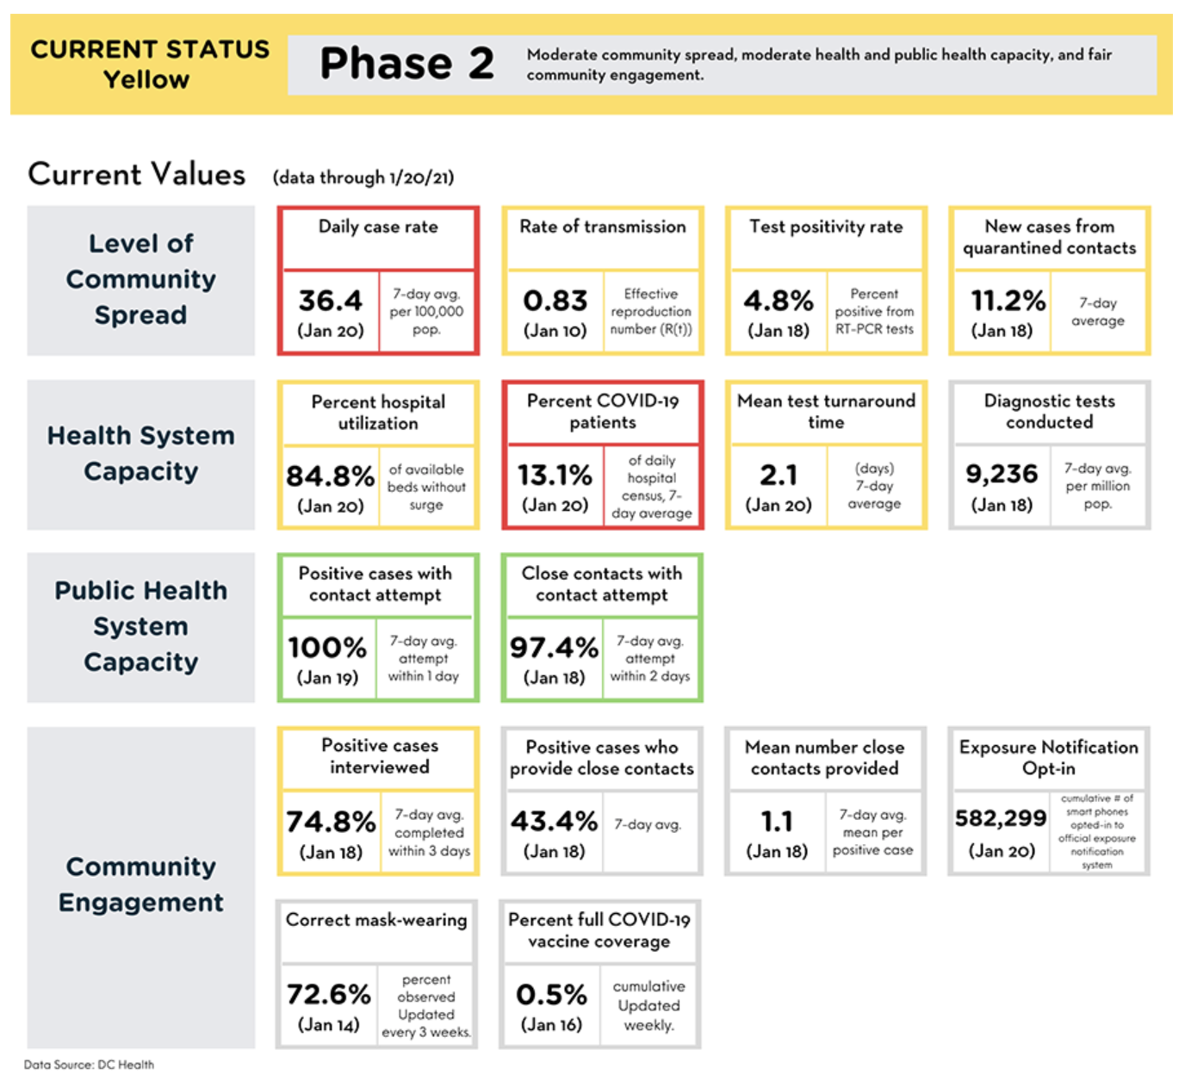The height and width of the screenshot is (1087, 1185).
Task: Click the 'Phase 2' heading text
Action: pyautogui.click(x=407, y=63)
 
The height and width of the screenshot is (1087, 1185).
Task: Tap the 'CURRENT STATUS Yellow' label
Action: pyautogui.click(x=150, y=64)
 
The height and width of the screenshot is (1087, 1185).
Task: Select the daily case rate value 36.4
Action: pyautogui.click(x=330, y=301)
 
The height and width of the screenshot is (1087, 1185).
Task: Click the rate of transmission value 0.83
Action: pyautogui.click(x=555, y=301)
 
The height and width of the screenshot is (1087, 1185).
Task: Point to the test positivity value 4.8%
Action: pyautogui.click(x=779, y=301)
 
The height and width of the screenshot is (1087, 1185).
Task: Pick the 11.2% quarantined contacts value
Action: pyautogui.click(x=1008, y=301)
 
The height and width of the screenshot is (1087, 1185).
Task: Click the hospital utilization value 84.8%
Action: pyautogui.click(x=330, y=475)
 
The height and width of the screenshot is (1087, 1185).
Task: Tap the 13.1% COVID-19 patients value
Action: pyautogui.click(x=555, y=475)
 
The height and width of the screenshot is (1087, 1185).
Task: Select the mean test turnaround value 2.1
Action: pyautogui.click(x=779, y=475)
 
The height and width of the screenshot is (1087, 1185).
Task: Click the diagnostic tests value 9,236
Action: pyautogui.click(x=1002, y=474)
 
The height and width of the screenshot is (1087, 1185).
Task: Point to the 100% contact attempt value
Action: pyautogui.click(x=327, y=647)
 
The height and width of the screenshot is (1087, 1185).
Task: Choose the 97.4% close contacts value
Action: pyautogui.click(x=554, y=647)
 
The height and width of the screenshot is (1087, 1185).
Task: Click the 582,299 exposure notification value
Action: pyautogui.click(x=1001, y=818)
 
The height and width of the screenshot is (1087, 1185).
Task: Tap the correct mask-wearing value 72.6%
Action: pyautogui.click(x=329, y=994)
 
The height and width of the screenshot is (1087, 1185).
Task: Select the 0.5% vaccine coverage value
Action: pyautogui.click(x=552, y=994)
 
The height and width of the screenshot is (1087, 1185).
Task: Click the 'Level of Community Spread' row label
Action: pyautogui.click(x=140, y=279)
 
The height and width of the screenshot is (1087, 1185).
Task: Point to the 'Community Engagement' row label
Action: pyautogui.click(x=140, y=885)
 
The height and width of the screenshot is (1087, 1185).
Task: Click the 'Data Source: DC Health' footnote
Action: pyautogui.click(x=89, y=1065)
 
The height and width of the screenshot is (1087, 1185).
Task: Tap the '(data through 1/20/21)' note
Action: pyautogui.click(x=363, y=177)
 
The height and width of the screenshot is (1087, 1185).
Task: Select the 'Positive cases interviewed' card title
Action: pyautogui.click(x=379, y=756)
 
